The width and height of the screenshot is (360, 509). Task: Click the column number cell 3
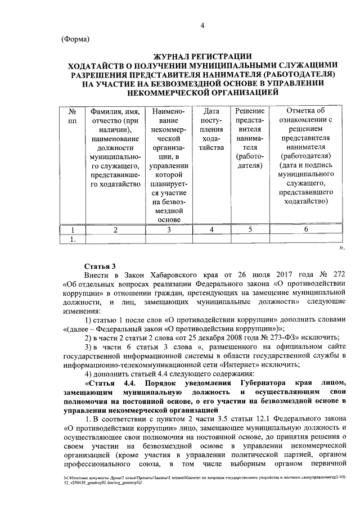168,229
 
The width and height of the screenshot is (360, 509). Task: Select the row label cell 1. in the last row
71,240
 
